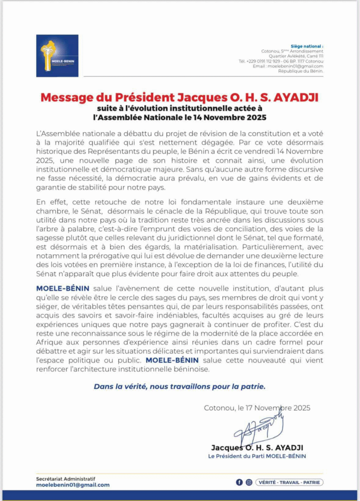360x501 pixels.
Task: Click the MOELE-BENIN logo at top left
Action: pos(57,55)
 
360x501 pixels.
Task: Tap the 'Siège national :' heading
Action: pos(307,46)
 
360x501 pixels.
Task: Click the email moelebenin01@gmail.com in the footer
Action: pos(73,485)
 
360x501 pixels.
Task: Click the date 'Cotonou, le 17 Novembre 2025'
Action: pos(257,408)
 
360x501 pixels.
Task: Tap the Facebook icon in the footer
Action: pos(239,482)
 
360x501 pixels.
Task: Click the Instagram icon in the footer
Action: pos(249,482)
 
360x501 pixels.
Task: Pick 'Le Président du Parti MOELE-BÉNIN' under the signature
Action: pos(258,456)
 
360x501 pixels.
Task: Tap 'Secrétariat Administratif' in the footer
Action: pos(66,478)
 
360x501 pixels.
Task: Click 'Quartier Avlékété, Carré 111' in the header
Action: pos(299,56)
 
